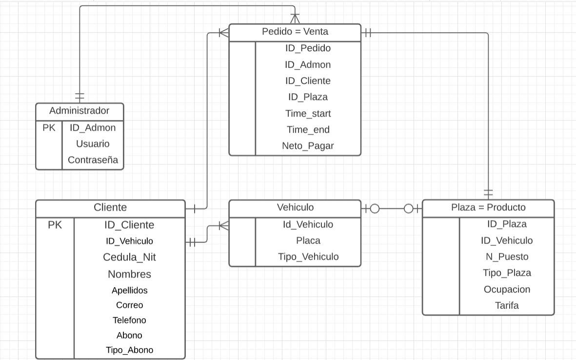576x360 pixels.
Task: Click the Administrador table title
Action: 79,111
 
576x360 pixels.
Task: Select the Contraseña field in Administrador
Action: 93,160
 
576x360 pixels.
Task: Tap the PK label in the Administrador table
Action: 49,128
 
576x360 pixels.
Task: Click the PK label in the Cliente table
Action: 55,225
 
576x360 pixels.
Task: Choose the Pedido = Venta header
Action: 295,32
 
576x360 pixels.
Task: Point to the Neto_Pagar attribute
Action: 308,146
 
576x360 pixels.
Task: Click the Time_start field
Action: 308,114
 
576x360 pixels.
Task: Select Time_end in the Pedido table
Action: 308,130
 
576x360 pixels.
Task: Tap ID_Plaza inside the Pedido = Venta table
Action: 308,97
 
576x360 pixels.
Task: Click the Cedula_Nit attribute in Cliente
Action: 129,257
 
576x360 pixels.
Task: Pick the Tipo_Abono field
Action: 129,350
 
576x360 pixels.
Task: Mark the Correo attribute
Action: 129,305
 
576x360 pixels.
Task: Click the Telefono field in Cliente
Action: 129,320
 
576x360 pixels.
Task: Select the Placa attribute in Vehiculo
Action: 308,240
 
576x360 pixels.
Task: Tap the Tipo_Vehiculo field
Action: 308,257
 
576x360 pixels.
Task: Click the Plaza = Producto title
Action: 488,207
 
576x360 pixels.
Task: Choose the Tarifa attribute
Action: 507,306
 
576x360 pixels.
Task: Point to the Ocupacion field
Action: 507,289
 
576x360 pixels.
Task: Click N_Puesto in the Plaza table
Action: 507,257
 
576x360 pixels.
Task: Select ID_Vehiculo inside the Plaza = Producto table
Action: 507,240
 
